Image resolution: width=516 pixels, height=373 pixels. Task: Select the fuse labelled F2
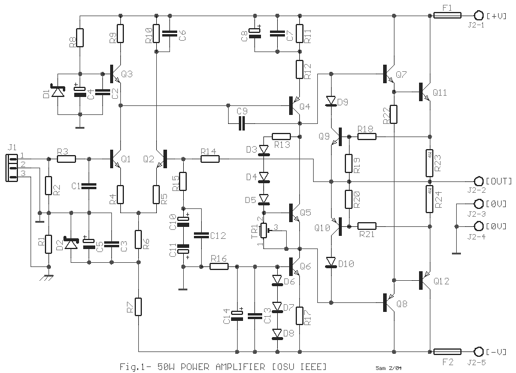point(447,351)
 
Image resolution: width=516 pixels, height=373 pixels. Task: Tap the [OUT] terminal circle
point(478,181)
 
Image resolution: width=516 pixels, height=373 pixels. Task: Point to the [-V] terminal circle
point(478,351)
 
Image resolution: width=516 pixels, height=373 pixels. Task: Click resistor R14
point(209,159)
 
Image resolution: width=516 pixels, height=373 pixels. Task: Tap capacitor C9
point(242,123)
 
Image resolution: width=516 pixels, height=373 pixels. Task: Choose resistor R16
point(219,266)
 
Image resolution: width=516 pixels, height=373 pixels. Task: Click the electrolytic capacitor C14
point(238,315)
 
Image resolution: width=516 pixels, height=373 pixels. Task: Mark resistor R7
point(138,307)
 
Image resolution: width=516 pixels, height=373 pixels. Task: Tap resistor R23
point(429,160)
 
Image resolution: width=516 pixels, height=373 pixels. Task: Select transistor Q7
point(389,75)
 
